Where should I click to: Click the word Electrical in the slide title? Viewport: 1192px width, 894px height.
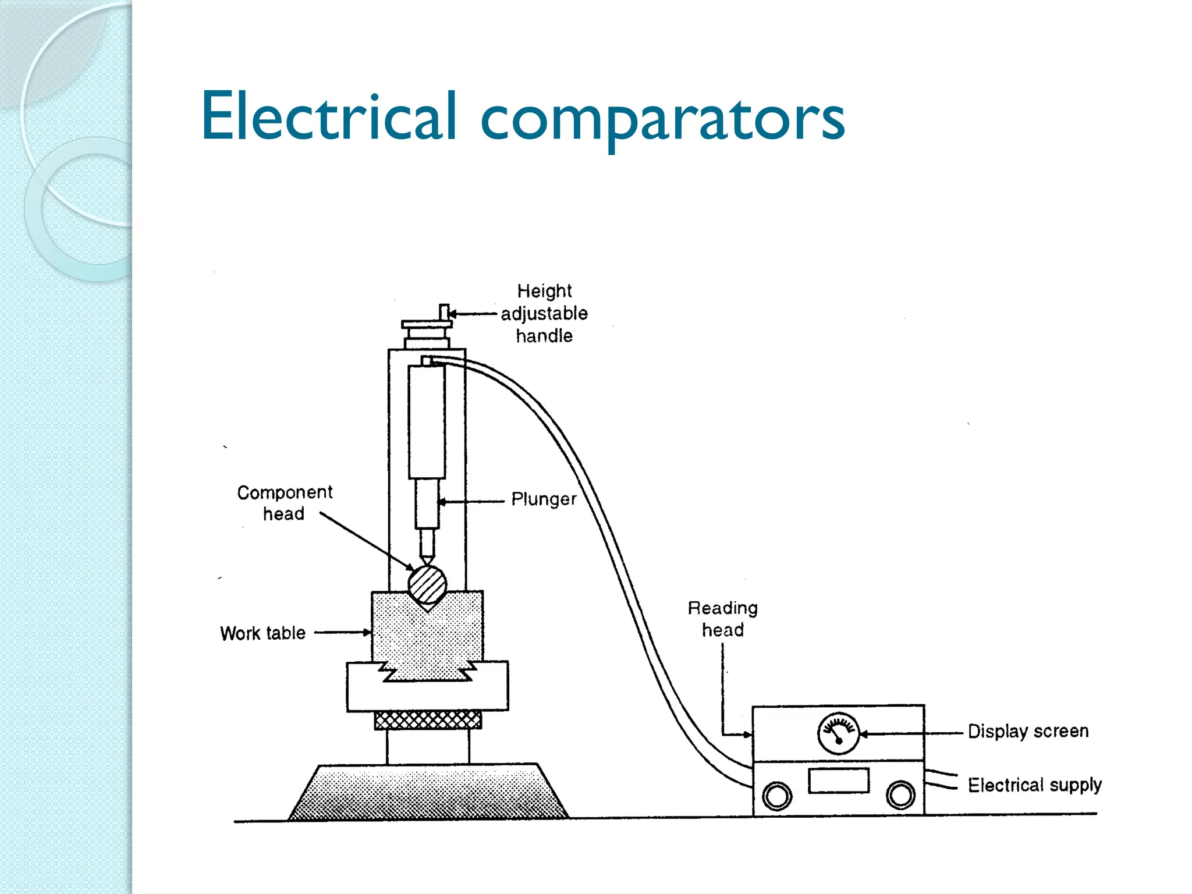pos(329,116)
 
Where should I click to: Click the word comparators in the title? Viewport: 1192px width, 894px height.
pos(662,119)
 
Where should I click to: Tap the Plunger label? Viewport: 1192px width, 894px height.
pos(544,499)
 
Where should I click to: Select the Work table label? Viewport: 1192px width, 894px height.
pos(262,633)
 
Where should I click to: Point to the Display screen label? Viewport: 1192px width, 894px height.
pos(1028,731)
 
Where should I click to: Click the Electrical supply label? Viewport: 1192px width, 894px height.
pos(1034,785)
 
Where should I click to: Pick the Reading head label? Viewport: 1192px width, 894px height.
pos(722,619)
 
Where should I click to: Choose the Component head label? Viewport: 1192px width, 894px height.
pos(284,503)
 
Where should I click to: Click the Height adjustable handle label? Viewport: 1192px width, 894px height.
pos(544,313)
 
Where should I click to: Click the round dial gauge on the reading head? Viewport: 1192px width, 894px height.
pos(838,733)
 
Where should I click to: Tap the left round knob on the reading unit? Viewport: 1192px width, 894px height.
pos(777,796)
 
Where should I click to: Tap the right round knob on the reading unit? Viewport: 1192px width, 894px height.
pos(900,794)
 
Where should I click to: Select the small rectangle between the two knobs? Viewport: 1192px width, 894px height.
pos(839,781)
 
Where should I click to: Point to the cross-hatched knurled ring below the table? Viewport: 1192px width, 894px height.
pos(428,720)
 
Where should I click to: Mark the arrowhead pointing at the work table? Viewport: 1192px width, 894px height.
pos(367,632)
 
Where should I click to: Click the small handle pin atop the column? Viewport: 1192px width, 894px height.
pos(444,313)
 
